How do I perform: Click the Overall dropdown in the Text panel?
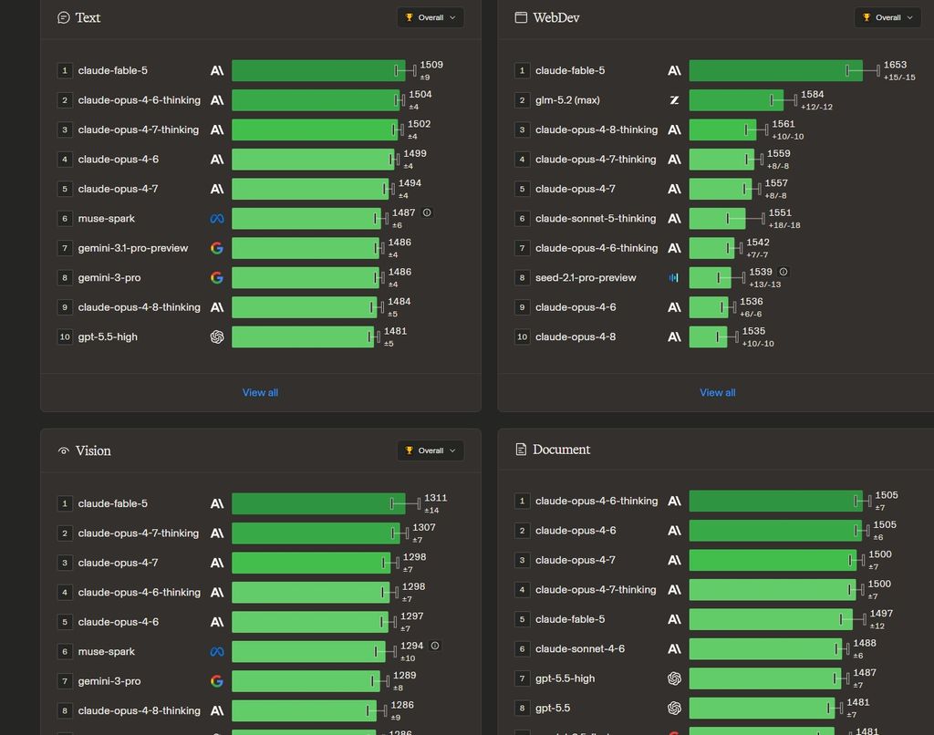coord(431,18)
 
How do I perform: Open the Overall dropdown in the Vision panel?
coord(431,450)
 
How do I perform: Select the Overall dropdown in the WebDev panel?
coord(887,18)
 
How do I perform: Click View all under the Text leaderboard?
coord(260,392)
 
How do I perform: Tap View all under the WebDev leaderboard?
coord(718,392)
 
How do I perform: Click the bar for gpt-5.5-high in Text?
coord(303,337)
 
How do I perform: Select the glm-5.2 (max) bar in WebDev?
coord(736,100)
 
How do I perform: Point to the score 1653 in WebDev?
coord(896,65)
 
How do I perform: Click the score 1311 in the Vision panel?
coord(435,498)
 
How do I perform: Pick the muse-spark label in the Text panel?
coord(106,219)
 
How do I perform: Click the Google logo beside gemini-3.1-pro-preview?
coord(217,248)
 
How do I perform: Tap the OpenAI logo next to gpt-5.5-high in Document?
coord(674,678)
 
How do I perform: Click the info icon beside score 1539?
coord(784,272)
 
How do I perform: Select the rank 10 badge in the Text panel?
coord(65,337)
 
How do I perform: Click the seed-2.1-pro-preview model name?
coord(586,277)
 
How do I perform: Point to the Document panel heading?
coord(561,450)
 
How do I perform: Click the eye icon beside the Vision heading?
coord(63,450)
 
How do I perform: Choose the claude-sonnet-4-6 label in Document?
coord(579,649)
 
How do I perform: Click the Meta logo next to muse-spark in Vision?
coord(217,652)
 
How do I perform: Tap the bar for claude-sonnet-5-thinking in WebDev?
coord(717,219)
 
